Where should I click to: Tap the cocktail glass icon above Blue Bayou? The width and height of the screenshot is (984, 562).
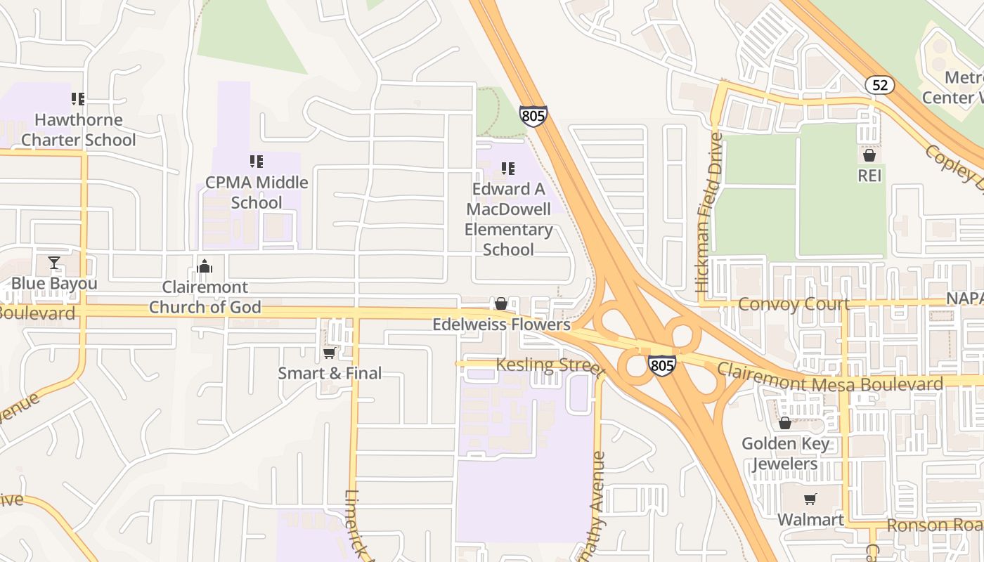click(x=54, y=263)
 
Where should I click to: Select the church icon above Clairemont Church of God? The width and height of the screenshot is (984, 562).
click(x=205, y=266)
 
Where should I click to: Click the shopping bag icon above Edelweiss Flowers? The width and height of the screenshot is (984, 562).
click(x=501, y=303)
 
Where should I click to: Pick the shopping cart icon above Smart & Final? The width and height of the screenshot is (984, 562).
click(x=329, y=353)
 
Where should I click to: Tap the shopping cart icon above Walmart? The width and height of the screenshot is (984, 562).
click(x=810, y=499)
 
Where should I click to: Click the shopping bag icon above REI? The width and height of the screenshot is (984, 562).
click(x=869, y=155)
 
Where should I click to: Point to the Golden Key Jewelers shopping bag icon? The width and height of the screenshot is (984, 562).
click(x=785, y=423)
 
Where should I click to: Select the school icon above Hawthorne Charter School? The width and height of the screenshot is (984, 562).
click(x=78, y=99)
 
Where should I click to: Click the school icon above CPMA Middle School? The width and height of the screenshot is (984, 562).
click(x=257, y=162)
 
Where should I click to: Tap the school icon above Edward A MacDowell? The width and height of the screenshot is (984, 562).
click(x=508, y=169)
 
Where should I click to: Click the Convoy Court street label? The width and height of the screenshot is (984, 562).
click(x=794, y=304)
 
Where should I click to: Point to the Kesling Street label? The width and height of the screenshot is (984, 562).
click(x=550, y=365)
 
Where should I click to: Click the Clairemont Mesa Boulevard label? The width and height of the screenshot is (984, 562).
click(x=829, y=379)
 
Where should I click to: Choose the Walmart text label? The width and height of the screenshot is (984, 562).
click(x=810, y=520)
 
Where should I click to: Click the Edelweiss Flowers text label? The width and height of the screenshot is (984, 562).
click(x=501, y=325)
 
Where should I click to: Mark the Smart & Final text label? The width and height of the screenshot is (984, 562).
click(x=330, y=373)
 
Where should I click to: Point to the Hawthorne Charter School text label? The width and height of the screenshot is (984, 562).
click(x=79, y=130)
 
